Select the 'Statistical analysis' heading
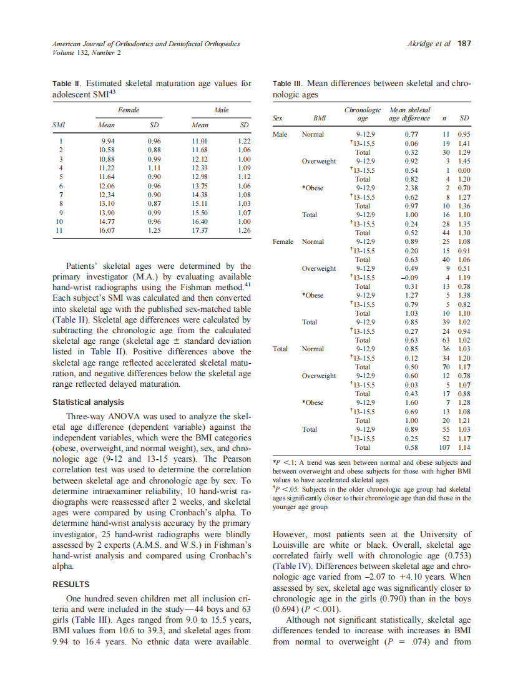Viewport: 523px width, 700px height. click(88, 402)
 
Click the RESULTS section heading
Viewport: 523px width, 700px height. click(71, 585)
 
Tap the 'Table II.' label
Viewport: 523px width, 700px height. click(67, 84)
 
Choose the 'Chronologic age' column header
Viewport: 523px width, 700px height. click(362, 114)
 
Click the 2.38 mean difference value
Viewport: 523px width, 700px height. click(411, 188)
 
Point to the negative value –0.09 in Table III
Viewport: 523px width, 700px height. click(409, 278)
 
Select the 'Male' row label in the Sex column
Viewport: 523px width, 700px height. click(280, 134)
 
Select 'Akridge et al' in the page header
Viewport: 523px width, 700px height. click(428, 44)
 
